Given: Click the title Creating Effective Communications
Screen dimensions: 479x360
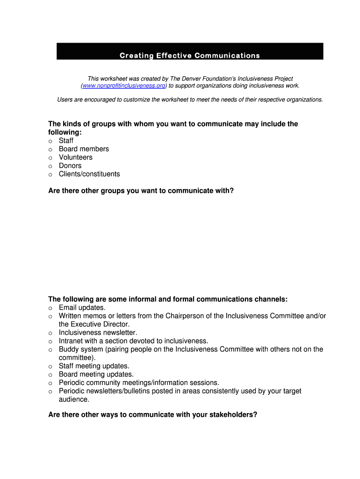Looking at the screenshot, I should click(189, 56).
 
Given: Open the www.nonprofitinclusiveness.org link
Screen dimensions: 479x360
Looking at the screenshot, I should click(124, 86).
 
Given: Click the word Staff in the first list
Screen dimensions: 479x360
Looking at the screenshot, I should click(66, 141).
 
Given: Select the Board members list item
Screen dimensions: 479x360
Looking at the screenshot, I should click(84, 149).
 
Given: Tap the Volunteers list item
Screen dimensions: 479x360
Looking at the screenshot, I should click(76, 158).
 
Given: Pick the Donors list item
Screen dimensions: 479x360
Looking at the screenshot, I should click(70, 166).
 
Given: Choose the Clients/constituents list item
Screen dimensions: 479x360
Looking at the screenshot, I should click(89, 174).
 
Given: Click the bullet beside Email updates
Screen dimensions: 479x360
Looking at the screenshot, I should click(50, 308).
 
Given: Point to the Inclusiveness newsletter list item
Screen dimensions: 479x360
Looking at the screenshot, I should click(98, 333).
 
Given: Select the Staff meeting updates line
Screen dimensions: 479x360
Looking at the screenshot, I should click(94, 366).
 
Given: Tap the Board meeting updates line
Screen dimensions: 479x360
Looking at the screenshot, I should click(96, 375).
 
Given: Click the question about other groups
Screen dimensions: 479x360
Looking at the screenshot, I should click(141, 191).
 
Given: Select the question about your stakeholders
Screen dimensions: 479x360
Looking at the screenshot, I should click(152, 415).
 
